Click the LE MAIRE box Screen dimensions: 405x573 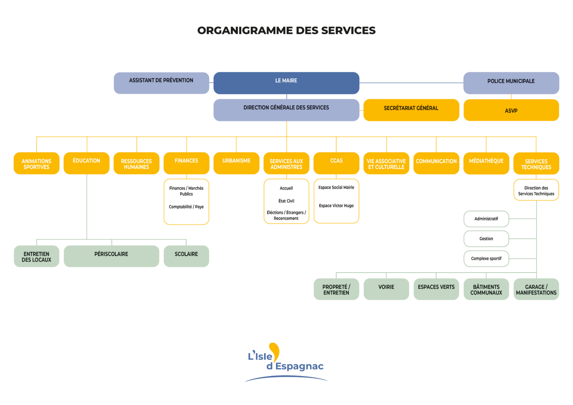coord(286,83)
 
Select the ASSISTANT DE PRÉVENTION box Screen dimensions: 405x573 coord(161,83)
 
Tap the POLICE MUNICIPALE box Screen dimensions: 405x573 coord(511,83)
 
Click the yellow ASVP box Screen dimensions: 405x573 coord(511,110)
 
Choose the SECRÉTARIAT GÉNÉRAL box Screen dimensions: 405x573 coord(411,110)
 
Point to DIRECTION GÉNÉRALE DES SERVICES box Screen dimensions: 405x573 coord(286,110)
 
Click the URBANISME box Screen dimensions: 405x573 coord(236,163)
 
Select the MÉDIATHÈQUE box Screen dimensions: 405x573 coord(486,163)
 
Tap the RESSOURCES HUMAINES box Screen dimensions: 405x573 coord(137,163)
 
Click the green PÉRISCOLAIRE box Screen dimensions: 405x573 coord(111,256)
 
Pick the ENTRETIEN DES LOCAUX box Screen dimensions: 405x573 coord(37,256)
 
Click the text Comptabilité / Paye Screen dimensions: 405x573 coord(186,207)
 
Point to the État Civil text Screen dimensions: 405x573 coord(286,201)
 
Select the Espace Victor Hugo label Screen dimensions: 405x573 coord(336,205)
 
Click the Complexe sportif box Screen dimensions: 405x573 coord(486,258)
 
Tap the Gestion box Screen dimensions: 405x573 coord(486,239)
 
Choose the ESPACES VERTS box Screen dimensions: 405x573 coord(436,289)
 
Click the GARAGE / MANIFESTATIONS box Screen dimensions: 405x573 coord(536,289)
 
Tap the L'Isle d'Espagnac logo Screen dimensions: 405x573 coord(286,361)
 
